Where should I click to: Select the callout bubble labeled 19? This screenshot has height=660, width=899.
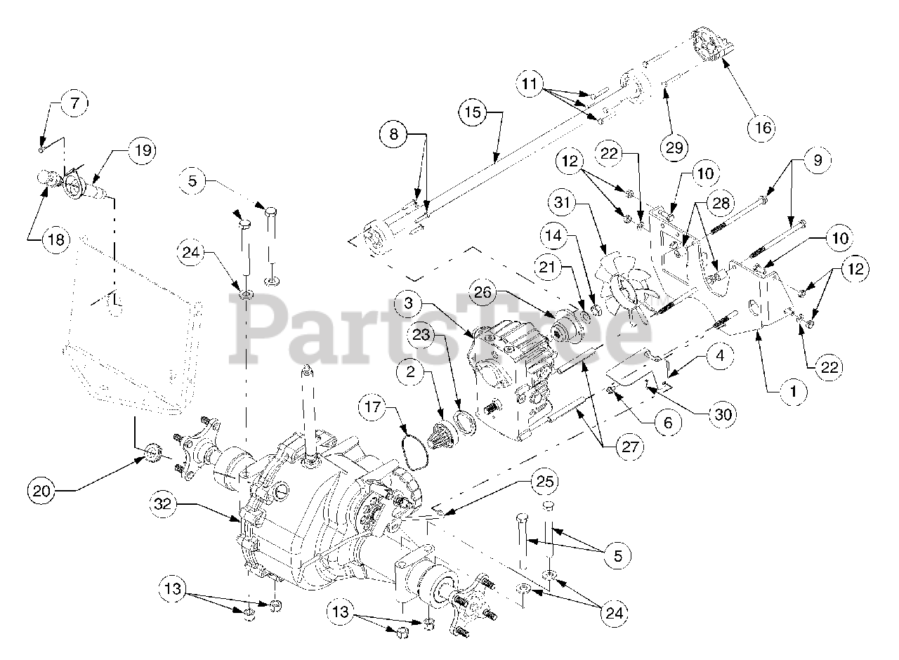click(x=143, y=150)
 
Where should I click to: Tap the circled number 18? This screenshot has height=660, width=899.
click(x=55, y=240)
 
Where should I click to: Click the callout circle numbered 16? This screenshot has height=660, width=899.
click(x=763, y=128)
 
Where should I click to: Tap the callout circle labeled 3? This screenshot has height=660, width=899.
click(x=407, y=304)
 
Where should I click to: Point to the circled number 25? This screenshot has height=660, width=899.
click(x=547, y=482)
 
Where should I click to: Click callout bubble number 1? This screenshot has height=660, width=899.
click(x=794, y=392)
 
